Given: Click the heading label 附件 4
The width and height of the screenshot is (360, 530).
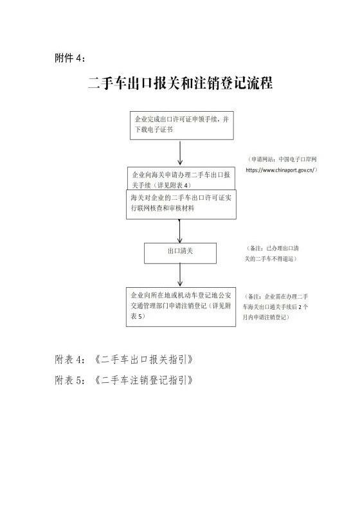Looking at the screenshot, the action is click(69, 58).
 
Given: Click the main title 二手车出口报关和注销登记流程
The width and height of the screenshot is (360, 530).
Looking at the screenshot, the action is click(180, 83).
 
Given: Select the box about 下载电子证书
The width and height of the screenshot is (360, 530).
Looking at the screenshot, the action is click(182, 125).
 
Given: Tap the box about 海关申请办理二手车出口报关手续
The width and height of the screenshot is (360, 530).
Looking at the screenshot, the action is click(181, 178).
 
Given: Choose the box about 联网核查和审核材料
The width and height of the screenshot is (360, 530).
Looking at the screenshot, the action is click(181, 204).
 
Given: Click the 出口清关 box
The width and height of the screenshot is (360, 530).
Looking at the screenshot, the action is click(180, 253).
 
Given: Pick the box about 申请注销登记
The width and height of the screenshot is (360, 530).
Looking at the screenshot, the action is click(181, 307).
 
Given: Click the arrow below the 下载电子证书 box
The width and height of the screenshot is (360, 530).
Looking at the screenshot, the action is click(180, 153).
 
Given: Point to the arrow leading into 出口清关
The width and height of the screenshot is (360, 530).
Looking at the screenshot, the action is click(179, 231).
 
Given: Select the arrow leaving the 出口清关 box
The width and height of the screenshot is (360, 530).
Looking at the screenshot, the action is click(180, 275).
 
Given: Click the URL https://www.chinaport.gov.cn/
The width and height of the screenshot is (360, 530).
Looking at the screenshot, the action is click(282, 170).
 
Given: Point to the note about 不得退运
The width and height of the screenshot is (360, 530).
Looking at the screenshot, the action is click(271, 254).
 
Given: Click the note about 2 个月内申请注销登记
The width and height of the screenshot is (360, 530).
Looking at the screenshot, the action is click(275, 307).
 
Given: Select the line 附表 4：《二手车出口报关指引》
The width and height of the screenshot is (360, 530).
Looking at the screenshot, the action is click(124, 359).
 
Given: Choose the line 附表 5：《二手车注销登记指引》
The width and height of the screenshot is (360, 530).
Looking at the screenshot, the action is click(124, 380).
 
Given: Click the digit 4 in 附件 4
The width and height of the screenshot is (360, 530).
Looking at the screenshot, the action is click(78, 58).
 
